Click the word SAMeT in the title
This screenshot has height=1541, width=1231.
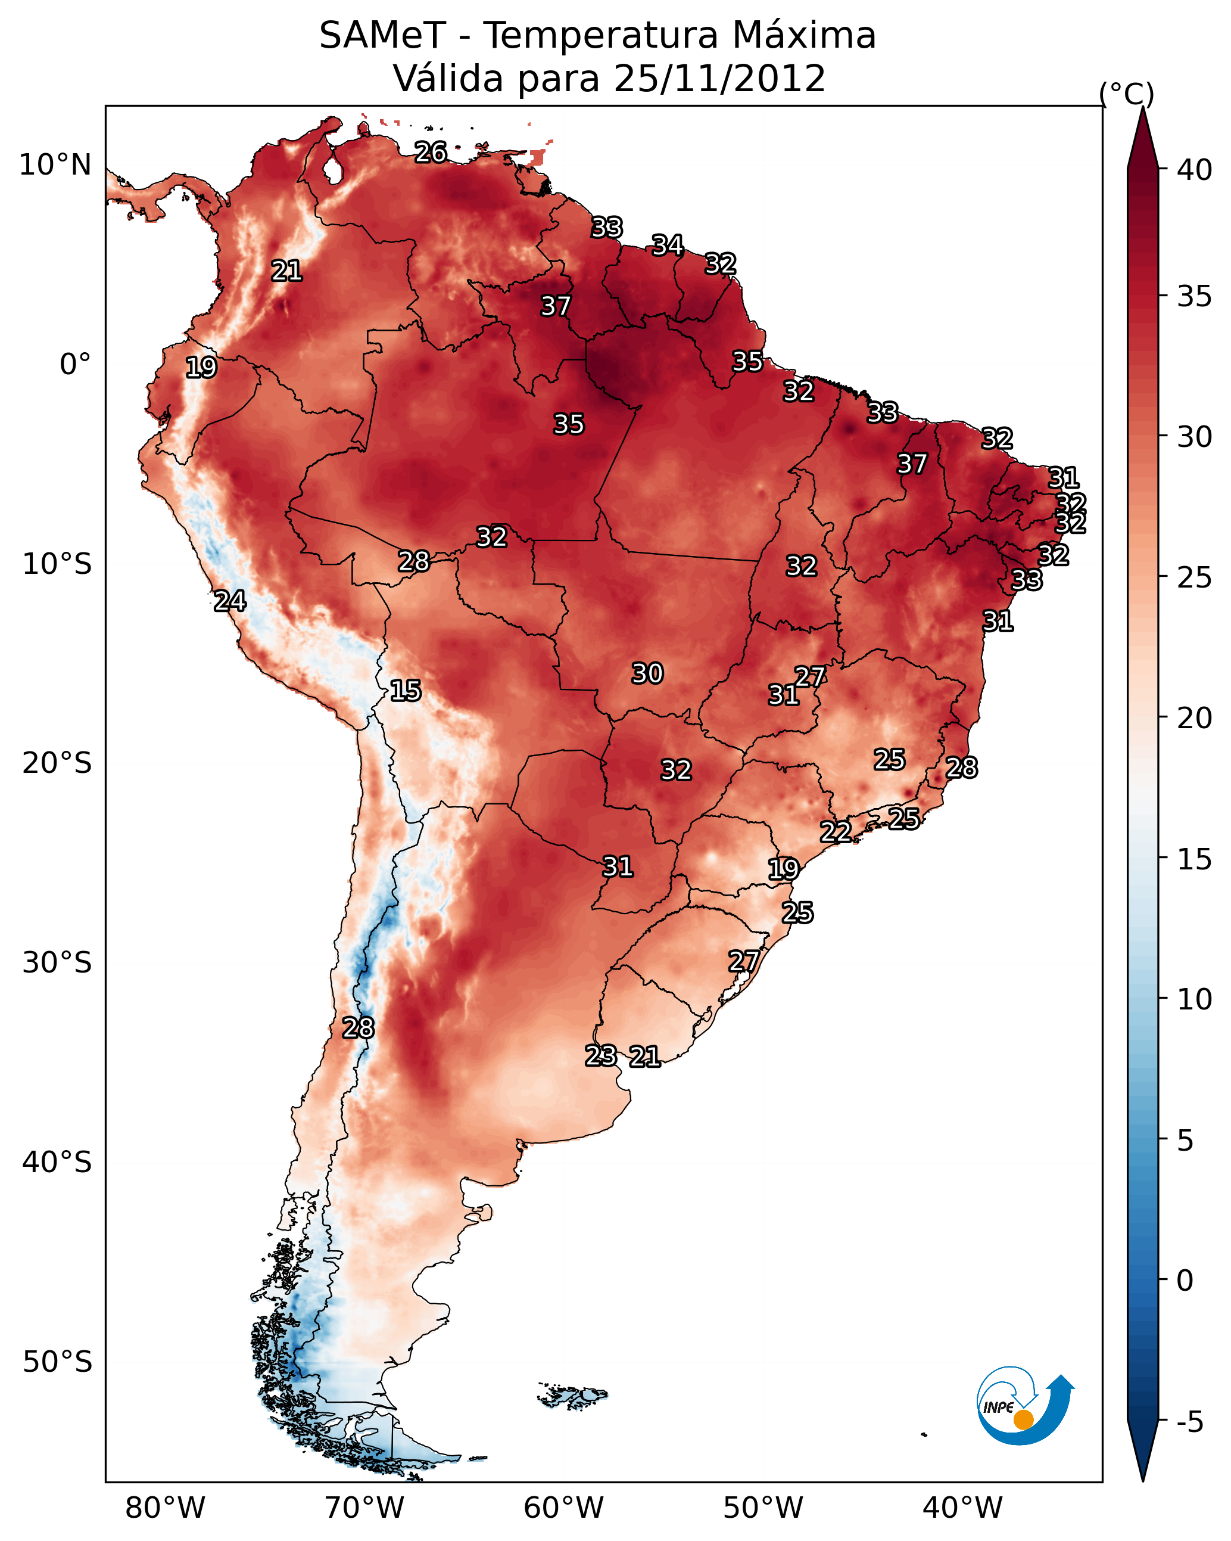[383, 36]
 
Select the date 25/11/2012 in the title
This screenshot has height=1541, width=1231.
[719, 79]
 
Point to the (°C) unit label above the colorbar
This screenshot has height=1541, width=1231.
[1127, 94]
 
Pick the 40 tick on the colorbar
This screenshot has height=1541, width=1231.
[1195, 170]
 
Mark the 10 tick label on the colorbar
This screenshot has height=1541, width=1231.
[1195, 999]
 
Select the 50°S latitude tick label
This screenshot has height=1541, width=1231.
[57, 1362]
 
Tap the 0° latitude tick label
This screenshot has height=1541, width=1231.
[76, 365]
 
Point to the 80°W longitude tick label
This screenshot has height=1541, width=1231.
[165, 1508]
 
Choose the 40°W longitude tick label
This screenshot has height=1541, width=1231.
[962, 1508]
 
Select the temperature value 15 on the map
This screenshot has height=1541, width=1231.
[406, 691]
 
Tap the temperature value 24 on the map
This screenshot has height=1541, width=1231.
[230, 601]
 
